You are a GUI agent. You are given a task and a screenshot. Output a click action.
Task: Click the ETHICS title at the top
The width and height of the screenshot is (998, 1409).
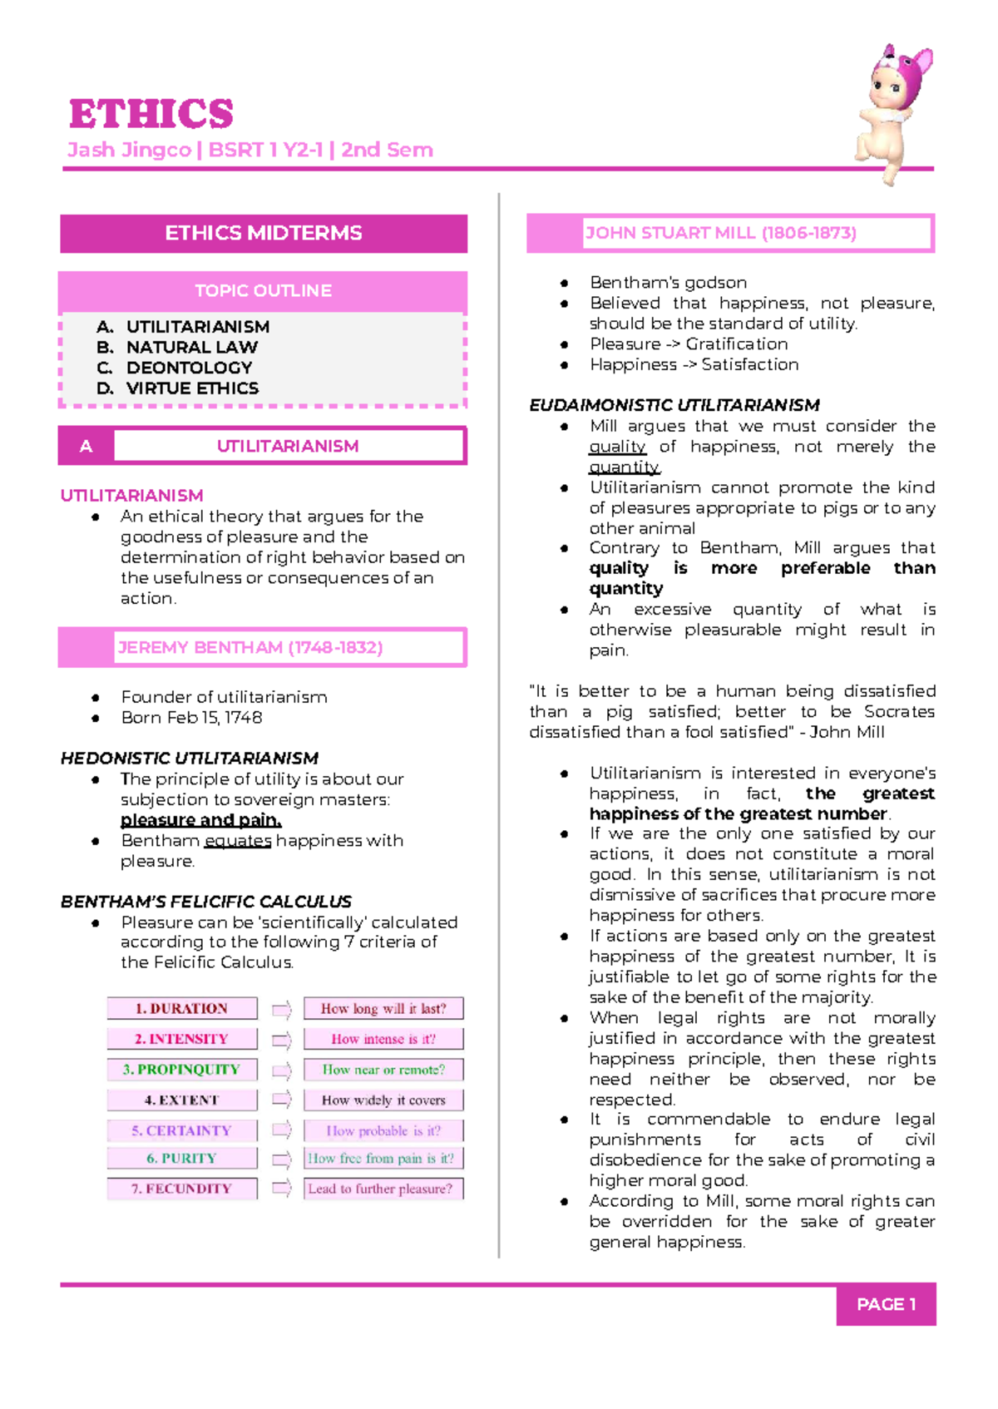(151, 114)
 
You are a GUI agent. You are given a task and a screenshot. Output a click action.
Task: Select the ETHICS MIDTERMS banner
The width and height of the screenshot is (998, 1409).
(263, 233)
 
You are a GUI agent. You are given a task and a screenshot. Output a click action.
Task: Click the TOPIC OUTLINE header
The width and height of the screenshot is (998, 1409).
(263, 291)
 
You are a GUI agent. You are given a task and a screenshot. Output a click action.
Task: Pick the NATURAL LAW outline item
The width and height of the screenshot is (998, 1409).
(191, 347)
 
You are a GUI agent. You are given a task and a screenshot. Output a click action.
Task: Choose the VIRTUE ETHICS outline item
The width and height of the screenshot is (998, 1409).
(192, 388)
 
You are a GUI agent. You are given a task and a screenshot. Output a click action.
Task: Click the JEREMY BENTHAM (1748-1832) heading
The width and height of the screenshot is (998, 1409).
(250, 648)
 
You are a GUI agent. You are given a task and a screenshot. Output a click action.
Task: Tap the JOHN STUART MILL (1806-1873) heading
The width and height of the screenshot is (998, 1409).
(721, 233)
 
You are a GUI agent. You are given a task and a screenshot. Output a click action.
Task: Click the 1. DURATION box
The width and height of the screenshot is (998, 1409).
(181, 1008)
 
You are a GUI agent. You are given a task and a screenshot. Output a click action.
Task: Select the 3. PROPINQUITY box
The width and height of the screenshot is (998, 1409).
(181, 1070)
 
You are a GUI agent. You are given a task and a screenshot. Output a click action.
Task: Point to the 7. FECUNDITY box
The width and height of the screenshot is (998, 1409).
(181, 1189)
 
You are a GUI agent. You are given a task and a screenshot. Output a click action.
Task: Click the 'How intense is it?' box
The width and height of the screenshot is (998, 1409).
(383, 1039)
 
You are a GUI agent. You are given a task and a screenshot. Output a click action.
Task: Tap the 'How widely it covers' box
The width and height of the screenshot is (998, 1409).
(383, 1100)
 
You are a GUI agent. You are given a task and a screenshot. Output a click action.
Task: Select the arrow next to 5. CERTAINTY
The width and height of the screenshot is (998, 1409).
(282, 1130)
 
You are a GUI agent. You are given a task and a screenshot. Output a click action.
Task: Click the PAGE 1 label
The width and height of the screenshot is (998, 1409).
(886, 1304)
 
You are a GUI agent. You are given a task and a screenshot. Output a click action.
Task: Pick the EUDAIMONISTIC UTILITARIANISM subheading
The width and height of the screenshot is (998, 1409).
(674, 405)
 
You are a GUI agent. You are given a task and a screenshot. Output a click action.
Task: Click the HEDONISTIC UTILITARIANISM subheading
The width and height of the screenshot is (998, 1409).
(190, 759)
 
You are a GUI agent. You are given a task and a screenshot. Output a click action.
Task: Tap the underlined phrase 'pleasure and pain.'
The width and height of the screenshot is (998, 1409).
(201, 820)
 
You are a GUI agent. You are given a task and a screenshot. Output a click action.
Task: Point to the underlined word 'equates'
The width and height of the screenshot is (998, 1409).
(238, 841)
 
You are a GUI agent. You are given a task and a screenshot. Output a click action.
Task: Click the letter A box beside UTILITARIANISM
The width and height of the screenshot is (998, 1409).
(86, 447)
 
